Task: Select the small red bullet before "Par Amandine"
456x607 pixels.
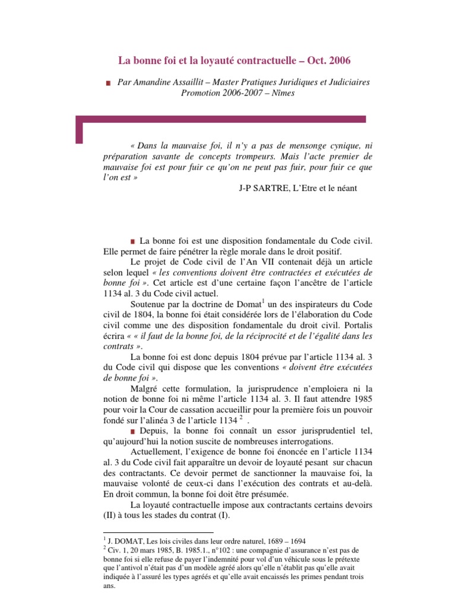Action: (108, 84)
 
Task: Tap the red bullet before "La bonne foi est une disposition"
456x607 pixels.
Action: (132, 241)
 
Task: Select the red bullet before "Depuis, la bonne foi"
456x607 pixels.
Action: (132, 430)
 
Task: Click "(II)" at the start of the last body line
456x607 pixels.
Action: (111, 516)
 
